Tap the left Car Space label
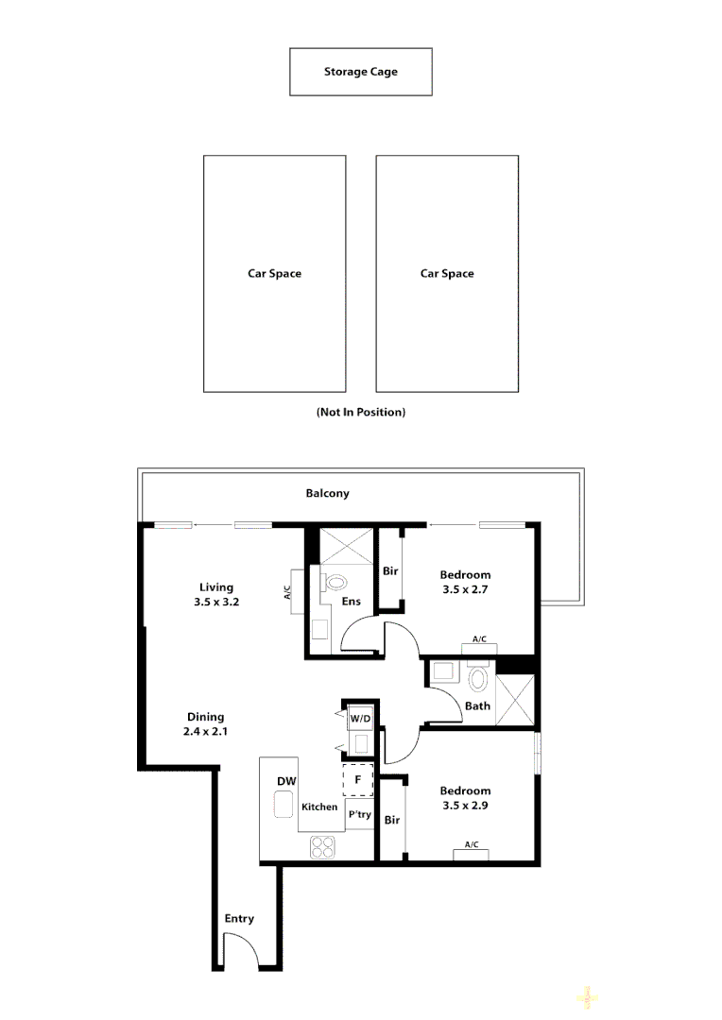click(x=274, y=274)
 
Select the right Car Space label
click(x=447, y=274)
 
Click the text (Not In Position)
click(x=360, y=413)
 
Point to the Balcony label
click(x=327, y=493)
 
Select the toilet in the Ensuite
click(x=335, y=584)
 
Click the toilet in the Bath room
click(x=478, y=678)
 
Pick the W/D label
click(x=360, y=719)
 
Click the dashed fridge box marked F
click(x=358, y=780)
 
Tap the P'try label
click(x=359, y=814)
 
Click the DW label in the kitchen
click(x=286, y=781)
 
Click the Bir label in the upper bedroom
click(x=390, y=571)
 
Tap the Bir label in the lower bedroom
click(x=392, y=820)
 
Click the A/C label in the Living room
click(x=287, y=593)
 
